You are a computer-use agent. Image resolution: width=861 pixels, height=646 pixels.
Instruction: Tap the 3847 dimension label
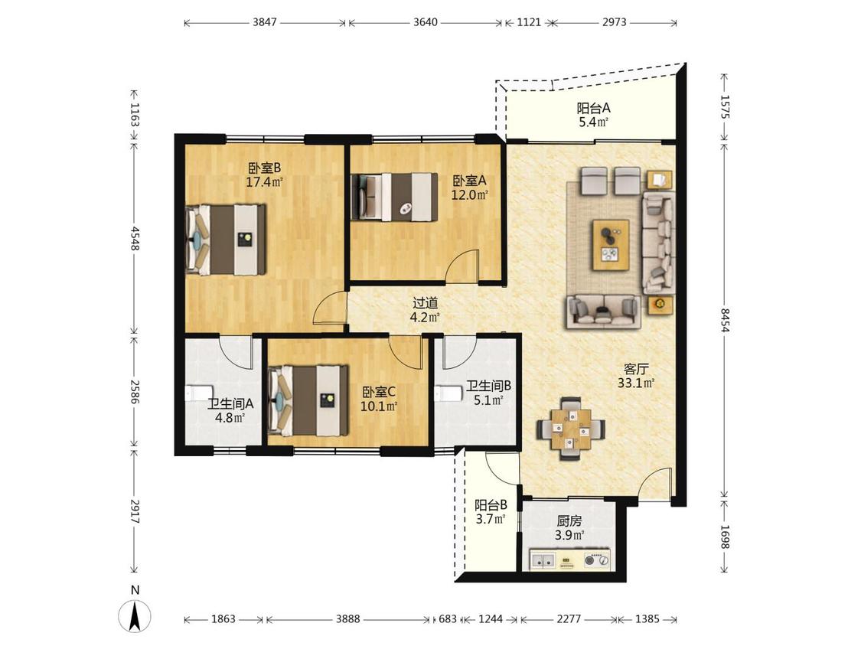pos(265,22)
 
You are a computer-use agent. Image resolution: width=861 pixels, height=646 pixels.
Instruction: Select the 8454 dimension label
pos(725,320)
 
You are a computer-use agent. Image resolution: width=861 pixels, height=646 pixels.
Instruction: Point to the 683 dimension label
pos(448,619)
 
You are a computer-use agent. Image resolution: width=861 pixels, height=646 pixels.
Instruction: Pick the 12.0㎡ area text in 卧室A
pos(469,194)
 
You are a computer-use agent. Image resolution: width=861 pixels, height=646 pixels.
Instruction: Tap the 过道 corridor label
pos(425,302)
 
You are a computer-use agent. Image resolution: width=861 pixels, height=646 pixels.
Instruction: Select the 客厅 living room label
pos(636,369)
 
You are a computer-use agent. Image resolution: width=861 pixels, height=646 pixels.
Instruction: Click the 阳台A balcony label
pos(593,108)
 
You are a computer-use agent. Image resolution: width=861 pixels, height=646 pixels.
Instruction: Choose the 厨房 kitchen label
pos(569,520)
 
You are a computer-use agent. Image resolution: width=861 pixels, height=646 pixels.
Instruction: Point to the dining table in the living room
pos(571,427)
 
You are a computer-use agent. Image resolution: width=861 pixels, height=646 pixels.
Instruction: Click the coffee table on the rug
pos(611,245)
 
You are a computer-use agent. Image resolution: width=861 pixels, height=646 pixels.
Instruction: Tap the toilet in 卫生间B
pos(448,394)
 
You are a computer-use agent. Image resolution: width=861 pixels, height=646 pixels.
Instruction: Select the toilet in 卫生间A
pos(197,394)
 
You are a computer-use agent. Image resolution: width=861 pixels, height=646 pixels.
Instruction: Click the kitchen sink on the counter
pos(543,561)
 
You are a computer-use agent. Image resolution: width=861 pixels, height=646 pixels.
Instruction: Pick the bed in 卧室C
pos(308,400)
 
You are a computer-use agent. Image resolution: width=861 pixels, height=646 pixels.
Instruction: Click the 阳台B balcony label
pos(491,505)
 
